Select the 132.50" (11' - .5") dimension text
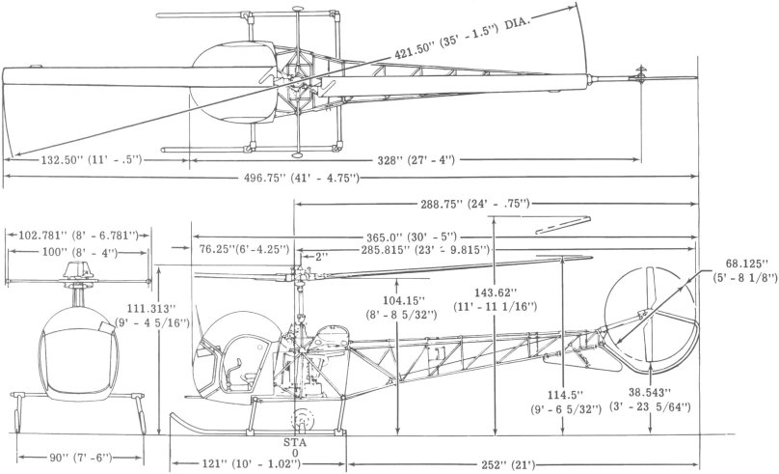92,160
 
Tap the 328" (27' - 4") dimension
416,160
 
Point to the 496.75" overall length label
301,178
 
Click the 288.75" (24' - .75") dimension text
473,204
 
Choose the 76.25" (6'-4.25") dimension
244,249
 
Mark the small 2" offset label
322,258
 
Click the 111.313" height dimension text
152,315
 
